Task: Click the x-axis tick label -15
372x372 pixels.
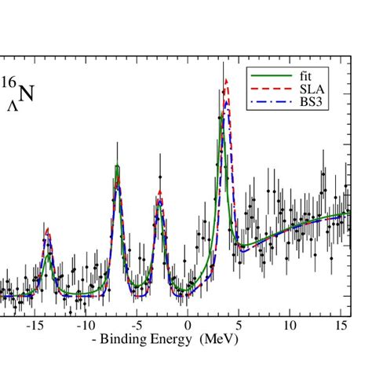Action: click(x=34, y=325)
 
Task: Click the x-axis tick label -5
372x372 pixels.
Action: click(x=137, y=325)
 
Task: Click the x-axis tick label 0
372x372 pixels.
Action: click(x=188, y=325)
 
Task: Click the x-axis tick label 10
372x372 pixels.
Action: click(x=290, y=325)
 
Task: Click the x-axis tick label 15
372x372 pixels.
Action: click(x=341, y=325)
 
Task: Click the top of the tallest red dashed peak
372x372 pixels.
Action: click(x=226, y=78)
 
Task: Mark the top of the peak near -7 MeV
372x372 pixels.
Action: click(x=117, y=166)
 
